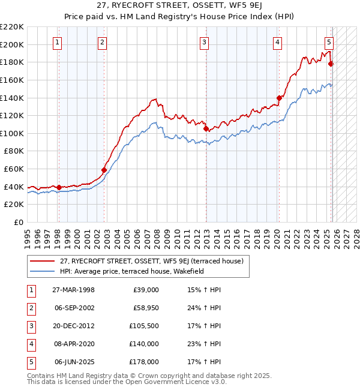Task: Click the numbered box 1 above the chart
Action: [57, 42]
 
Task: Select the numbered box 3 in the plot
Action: [205, 42]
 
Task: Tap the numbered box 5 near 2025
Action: [329, 42]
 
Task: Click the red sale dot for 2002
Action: [104, 170]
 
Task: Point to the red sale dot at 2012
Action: [206, 128]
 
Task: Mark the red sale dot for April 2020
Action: [279, 98]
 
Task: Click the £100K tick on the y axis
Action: [12, 133]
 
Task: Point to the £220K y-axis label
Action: [12, 27]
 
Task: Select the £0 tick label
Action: [17, 222]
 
